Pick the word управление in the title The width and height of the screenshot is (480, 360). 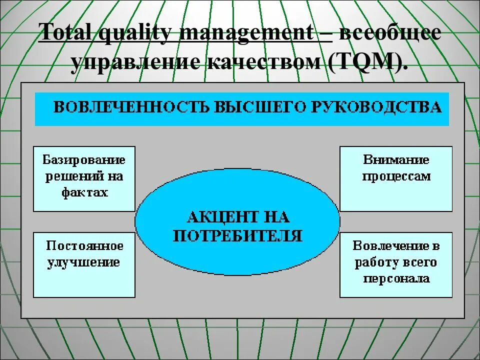pos(134,63)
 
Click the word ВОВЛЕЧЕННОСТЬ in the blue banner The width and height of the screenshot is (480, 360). pos(130,107)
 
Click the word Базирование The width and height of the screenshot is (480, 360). pos(84,160)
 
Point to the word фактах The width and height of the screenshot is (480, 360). pos(84,192)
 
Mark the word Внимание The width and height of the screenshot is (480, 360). pos(396,160)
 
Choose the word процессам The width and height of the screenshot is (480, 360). pos(396,176)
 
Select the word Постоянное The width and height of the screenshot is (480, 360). pos(84,245)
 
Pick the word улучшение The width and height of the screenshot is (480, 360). pos(84,262)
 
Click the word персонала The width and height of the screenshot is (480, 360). pos(396,278)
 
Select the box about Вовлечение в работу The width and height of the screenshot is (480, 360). pos(396,264)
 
